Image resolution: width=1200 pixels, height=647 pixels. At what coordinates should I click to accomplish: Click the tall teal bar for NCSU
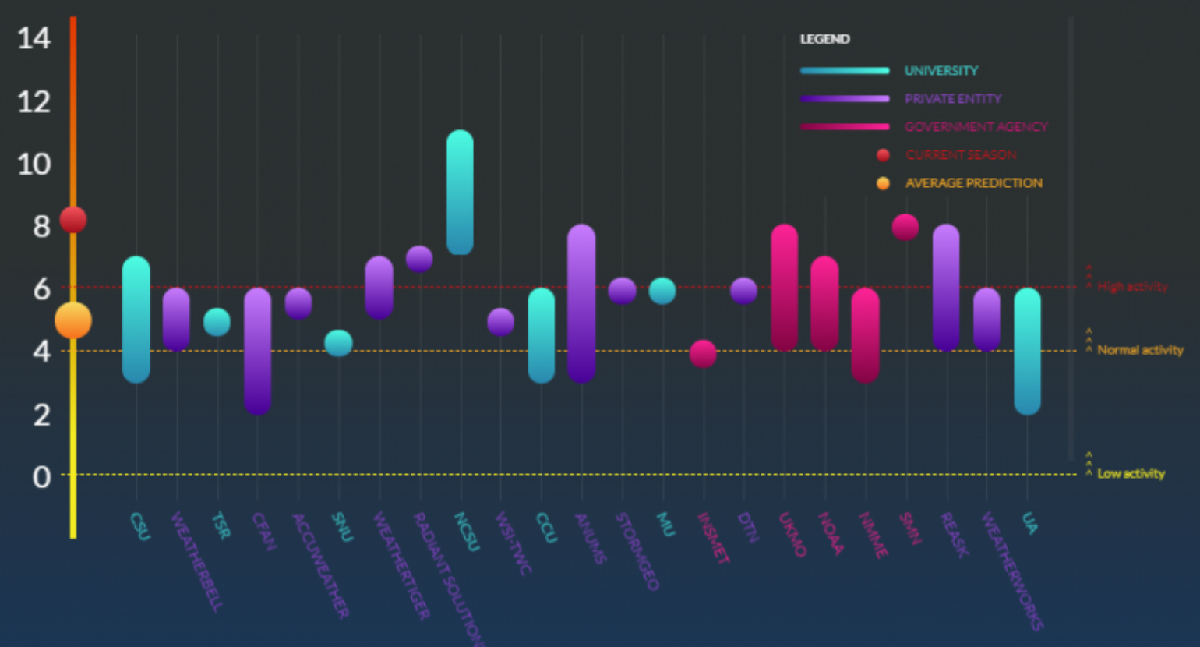[460, 192]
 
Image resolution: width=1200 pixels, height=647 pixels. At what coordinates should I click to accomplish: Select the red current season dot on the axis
[73, 220]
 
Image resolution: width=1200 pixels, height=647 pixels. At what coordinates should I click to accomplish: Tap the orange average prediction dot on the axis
[73, 320]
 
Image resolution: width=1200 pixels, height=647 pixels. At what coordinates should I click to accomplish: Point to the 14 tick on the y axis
[34, 38]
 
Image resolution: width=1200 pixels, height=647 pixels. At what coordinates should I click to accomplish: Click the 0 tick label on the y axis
[41, 476]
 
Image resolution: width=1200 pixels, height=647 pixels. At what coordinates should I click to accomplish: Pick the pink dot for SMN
[905, 227]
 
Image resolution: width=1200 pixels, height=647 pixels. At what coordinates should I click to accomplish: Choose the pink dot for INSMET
[703, 353]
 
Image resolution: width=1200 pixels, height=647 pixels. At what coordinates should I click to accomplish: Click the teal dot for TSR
[217, 321]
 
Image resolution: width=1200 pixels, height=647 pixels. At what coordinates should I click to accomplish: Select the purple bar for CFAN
[257, 351]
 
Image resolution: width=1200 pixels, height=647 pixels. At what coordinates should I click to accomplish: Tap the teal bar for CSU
[136, 319]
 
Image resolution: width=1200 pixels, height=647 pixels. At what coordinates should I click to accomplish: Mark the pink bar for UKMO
[785, 288]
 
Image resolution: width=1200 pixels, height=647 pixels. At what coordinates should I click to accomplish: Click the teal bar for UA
[1027, 351]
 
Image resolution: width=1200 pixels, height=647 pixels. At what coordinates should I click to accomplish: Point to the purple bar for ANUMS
[581, 303]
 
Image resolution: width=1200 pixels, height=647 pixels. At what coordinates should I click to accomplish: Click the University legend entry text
[941, 71]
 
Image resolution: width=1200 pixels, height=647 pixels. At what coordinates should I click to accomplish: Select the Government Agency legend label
[976, 127]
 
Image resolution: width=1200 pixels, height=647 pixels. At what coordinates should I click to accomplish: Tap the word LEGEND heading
[824, 39]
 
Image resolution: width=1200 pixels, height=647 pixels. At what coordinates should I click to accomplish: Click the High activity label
[1132, 287]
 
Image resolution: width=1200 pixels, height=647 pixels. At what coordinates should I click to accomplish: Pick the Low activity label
[1131, 474]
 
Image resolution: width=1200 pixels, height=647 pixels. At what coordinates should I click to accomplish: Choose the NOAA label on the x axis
[831, 534]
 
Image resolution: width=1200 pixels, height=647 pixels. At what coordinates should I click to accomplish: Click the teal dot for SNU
[338, 342]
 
